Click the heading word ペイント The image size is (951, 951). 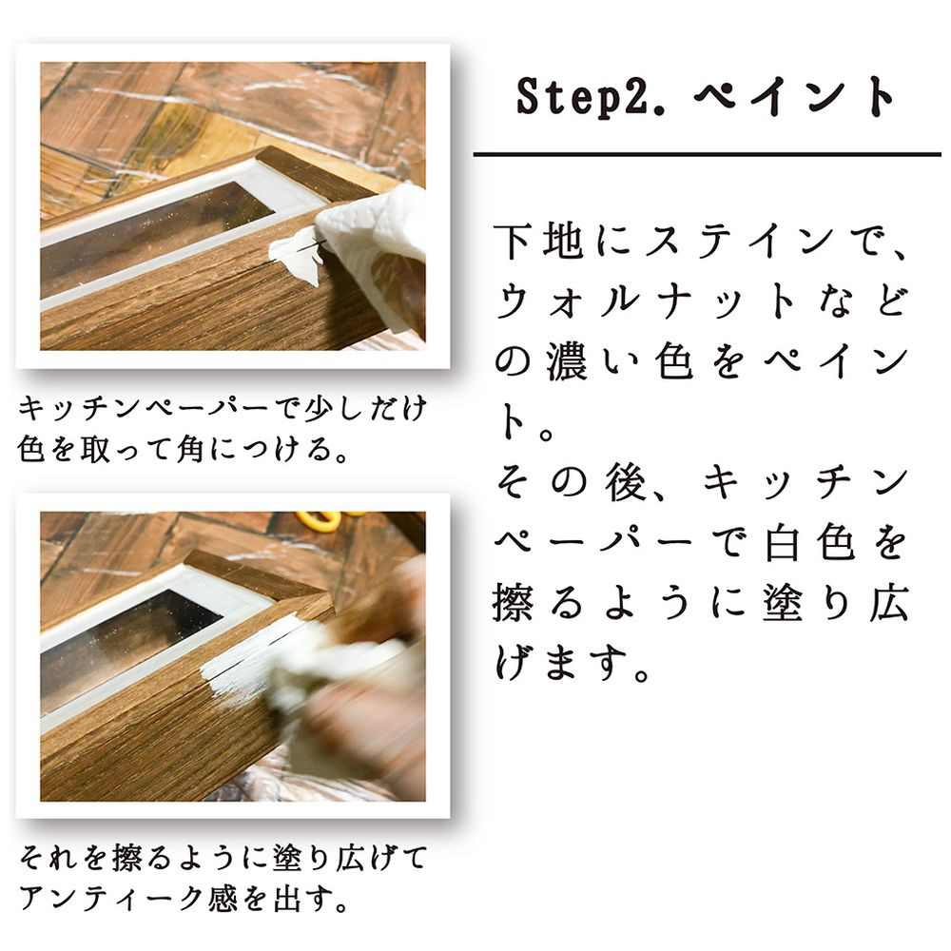pyautogui.click(x=794, y=97)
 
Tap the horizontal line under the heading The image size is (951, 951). pyautogui.click(x=707, y=155)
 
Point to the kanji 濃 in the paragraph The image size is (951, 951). pyautogui.click(x=567, y=361)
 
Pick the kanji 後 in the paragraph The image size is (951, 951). pyautogui.click(x=626, y=481)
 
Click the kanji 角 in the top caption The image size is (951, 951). pyautogui.click(x=189, y=450)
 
